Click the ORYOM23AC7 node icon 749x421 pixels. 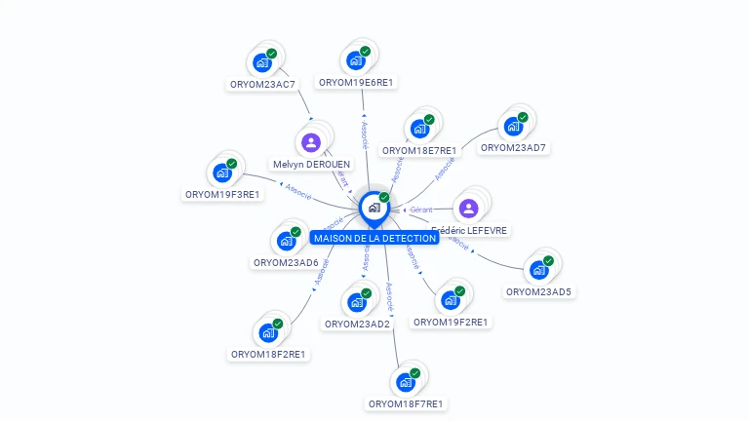261,62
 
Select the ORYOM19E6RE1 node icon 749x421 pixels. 356,60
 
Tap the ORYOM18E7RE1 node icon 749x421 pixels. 419,129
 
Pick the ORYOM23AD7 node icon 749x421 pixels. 513,127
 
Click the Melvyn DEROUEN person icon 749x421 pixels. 311,143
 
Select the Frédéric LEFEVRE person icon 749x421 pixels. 469,208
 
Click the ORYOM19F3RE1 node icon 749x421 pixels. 222,172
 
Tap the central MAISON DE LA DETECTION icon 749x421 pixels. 374,208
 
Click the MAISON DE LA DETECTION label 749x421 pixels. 375,238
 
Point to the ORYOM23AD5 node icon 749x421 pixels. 538,270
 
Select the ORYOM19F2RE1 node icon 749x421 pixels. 451,300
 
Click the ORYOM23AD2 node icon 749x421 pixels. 357,302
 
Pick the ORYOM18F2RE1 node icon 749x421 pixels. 268,332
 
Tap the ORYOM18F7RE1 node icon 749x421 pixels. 406,382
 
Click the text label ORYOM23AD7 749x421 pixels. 513,148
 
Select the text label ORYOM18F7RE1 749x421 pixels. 406,403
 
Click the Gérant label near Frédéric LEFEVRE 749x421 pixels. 421,210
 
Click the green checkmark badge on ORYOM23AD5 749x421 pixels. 548,260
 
